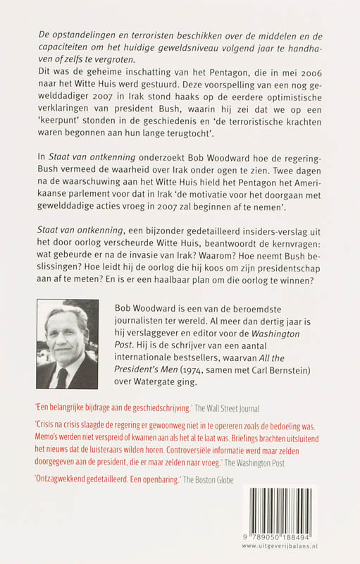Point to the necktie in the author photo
(x=63, y=378)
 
